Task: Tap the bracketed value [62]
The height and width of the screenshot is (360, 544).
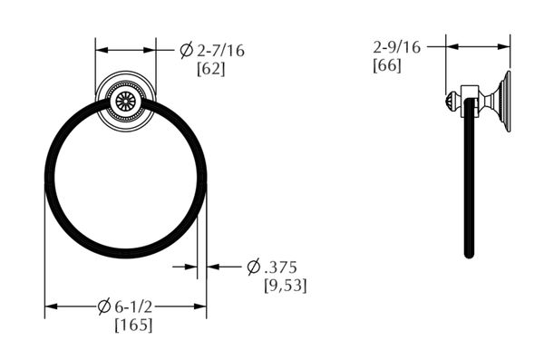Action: pyautogui.click(x=211, y=69)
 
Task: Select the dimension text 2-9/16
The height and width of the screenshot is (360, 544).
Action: pyautogui.click(x=396, y=46)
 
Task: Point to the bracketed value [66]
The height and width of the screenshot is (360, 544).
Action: pyautogui.click(x=387, y=64)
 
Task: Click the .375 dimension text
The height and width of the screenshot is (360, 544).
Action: pyautogui.click(x=281, y=268)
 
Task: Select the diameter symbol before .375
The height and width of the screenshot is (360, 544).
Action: pyautogui.click(x=254, y=268)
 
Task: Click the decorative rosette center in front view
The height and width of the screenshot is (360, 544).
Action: pyautogui.click(x=125, y=100)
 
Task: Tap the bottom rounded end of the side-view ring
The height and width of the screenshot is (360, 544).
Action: pyautogui.click(x=469, y=254)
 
